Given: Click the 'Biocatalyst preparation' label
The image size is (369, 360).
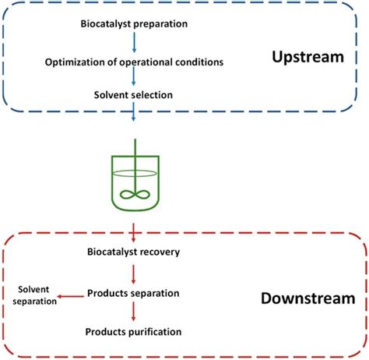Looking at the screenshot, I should click(134, 23).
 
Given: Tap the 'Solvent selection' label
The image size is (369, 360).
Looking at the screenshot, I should click(134, 96).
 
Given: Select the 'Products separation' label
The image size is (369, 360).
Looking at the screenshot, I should click(134, 292).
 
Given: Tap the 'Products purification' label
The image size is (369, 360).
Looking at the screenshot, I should click(134, 331).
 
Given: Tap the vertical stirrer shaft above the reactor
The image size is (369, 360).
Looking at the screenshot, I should click(136, 152).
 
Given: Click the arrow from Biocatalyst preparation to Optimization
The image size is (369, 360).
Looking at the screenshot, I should click(134, 42).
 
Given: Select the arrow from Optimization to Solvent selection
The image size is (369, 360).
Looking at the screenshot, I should click(134, 79).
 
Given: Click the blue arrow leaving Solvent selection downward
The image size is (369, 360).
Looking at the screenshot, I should click(134, 114).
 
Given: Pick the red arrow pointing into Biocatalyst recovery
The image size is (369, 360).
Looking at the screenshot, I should click(134, 231).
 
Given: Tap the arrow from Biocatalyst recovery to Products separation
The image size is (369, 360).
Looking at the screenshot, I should click(134, 272).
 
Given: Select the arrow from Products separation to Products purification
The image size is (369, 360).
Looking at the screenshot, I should click(134, 312).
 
